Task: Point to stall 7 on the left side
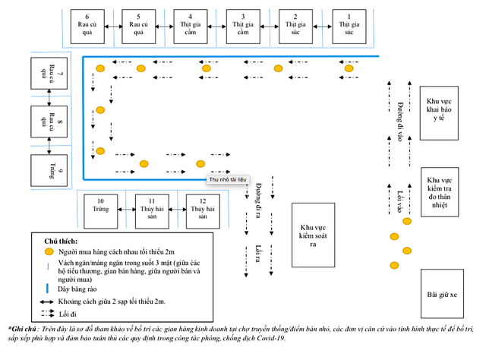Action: [50, 72]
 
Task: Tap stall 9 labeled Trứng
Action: [50, 169]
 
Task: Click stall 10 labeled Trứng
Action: [102, 210]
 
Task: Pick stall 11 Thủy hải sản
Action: [154, 210]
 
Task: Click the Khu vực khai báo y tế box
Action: [441, 112]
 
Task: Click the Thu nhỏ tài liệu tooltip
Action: [227, 179]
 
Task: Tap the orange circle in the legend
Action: [48, 251]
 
